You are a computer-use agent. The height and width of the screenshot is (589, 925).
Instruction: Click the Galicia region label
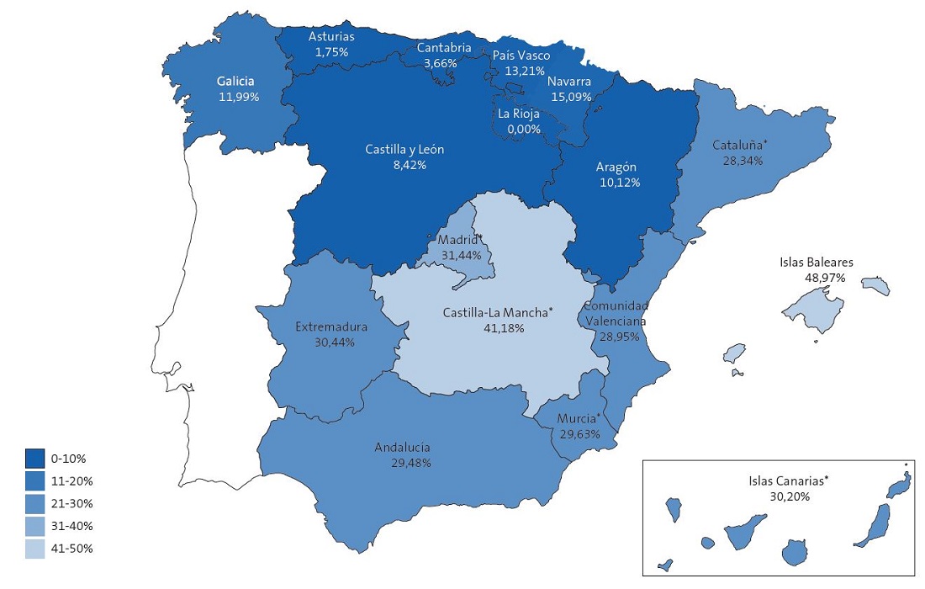click(x=235, y=82)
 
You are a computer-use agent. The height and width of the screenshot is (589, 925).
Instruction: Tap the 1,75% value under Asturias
click(x=330, y=52)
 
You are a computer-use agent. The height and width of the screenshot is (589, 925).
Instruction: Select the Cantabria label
click(x=444, y=48)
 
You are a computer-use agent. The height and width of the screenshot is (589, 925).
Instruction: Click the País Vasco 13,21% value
click(x=521, y=70)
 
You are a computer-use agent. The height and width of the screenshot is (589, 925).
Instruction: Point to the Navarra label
click(x=569, y=82)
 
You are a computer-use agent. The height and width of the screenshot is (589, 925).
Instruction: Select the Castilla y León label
click(x=404, y=150)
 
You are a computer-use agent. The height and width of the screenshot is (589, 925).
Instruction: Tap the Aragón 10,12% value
click(x=619, y=182)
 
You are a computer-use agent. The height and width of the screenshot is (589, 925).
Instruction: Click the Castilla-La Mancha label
click(x=499, y=313)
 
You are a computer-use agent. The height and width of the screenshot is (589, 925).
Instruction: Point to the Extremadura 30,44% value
click(x=331, y=342)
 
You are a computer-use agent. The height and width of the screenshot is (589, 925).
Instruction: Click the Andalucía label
click(x=403, y=448)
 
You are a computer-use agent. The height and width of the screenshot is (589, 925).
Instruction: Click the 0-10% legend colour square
click(x=35, y=459)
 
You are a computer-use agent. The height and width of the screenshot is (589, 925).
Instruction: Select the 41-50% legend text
click(x=71, y=549)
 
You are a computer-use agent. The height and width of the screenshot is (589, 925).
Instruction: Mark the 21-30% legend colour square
click(x=35, y=503)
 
